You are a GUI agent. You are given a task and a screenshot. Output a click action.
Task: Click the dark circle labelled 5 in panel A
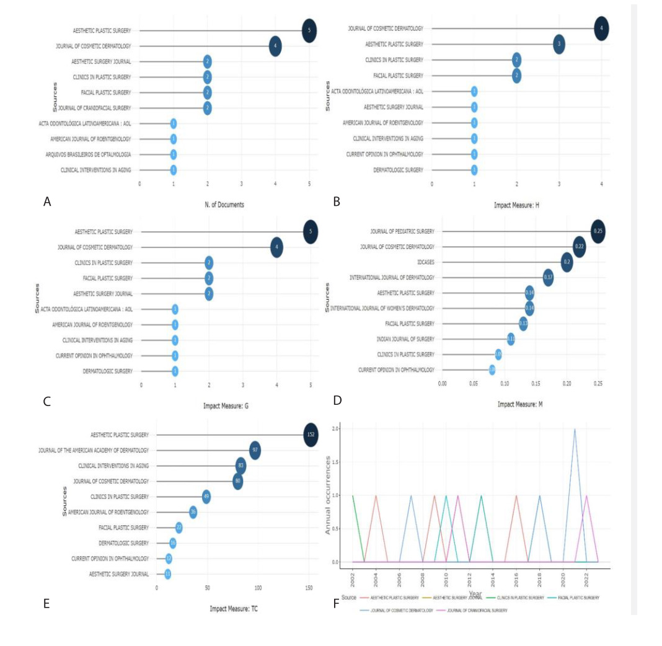(309, 30)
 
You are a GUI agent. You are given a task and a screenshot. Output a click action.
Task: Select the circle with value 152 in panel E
(311, 435)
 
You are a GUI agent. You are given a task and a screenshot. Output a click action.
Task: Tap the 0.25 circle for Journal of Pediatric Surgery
(598, 231)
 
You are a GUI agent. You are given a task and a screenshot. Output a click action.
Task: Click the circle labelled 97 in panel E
(254, 450)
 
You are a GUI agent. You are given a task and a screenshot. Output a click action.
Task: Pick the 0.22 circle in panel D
(579, 247)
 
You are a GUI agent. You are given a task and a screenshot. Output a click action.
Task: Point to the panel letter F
(337, 603)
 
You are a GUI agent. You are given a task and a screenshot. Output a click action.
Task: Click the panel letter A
(46, 201)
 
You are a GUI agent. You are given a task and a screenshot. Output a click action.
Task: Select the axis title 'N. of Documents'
(224, 204)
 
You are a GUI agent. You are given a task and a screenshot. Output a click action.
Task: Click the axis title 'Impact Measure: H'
(516, 204)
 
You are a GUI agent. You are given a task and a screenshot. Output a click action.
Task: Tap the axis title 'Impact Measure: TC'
(234, 608)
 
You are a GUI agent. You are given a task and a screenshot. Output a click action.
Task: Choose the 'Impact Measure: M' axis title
(520, 404)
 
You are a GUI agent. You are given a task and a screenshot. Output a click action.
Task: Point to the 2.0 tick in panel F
(335, 429)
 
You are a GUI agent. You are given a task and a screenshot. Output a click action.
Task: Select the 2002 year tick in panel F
(353, 579)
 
